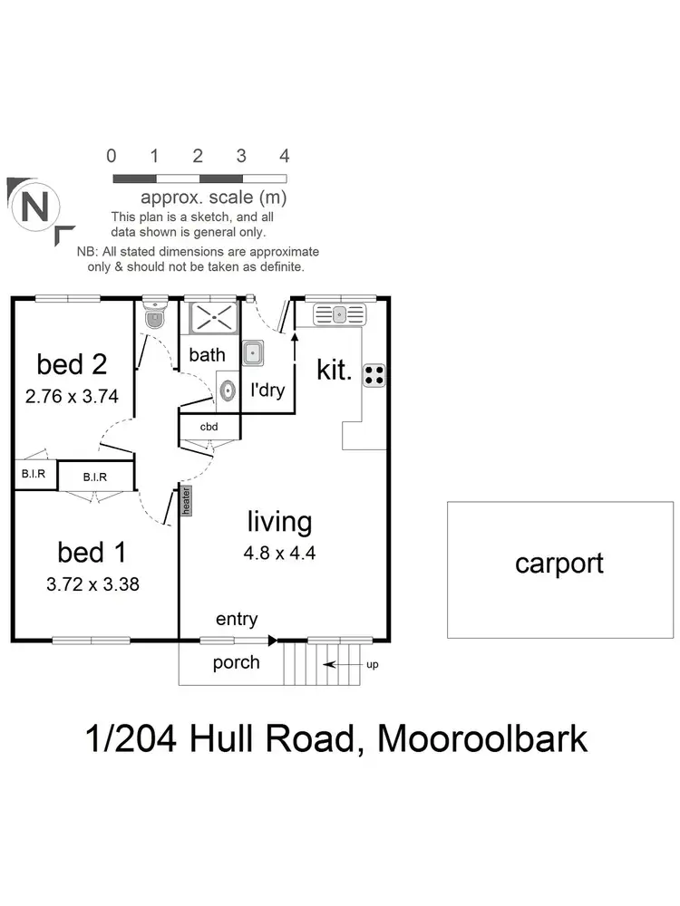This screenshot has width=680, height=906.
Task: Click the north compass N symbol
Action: click(35, 207)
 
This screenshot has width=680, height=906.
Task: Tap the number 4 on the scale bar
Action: click(285, 156)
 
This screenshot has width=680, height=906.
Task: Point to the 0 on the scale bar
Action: click(112, 156)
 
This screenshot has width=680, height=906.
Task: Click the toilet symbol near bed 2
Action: click(154, 317)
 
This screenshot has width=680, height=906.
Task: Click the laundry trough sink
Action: click(253, 352)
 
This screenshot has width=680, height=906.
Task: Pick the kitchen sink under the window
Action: click(339, 314)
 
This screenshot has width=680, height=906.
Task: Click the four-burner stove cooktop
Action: click(374, 374)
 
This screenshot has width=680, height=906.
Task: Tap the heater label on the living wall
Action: click(187, 501)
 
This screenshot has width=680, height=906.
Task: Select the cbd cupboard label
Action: click(210, 427)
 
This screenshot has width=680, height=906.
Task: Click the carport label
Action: click(559, 564)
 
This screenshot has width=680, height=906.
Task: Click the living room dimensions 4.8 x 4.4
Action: click(280, 553)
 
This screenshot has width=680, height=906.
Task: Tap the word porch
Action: click(236, 662)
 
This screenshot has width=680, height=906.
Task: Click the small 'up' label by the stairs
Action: click(372, 665)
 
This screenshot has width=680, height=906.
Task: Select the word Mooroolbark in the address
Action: click(481, 738)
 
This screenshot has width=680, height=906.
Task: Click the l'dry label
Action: click(267, 391)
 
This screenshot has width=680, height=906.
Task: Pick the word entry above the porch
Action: click(237, 620)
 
